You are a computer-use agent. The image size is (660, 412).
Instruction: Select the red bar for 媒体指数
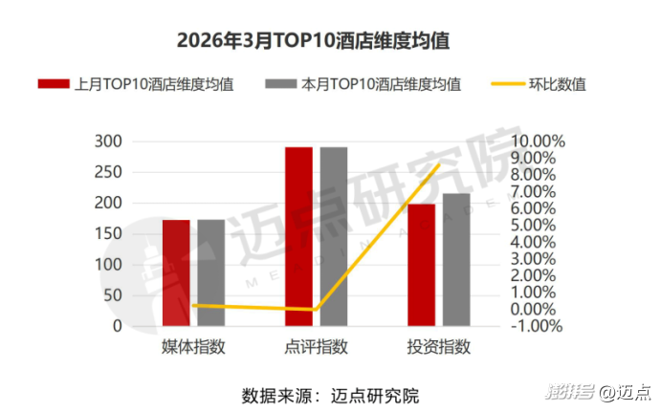[x=176, y=272]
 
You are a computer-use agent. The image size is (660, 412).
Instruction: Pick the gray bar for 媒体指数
[x=210, y=272]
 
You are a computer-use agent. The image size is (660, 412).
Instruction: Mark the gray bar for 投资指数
[x=456, y=260]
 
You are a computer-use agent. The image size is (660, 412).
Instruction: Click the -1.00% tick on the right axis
[x=538, y=326]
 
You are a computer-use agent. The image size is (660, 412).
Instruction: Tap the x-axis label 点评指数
[x=317, y=347]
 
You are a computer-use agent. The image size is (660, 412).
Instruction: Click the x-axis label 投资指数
[x=439, y=347]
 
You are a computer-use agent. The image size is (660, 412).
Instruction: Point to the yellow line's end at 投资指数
[x=439, y=164]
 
